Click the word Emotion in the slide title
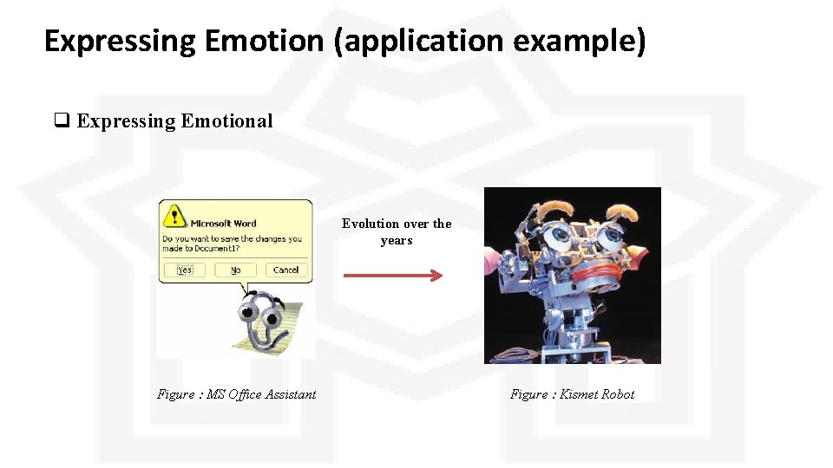(265, 41)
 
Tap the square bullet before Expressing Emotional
(62, 121)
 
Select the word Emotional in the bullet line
(226, 121)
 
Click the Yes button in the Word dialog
(185, 270)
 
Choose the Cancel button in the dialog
(285, 270)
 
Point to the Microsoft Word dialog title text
(223, 223)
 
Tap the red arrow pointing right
(393, 276)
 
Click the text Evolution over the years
(397, 231)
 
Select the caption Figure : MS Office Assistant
(236, 394)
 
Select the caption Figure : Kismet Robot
(572, 394)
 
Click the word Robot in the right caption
(618, 394)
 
